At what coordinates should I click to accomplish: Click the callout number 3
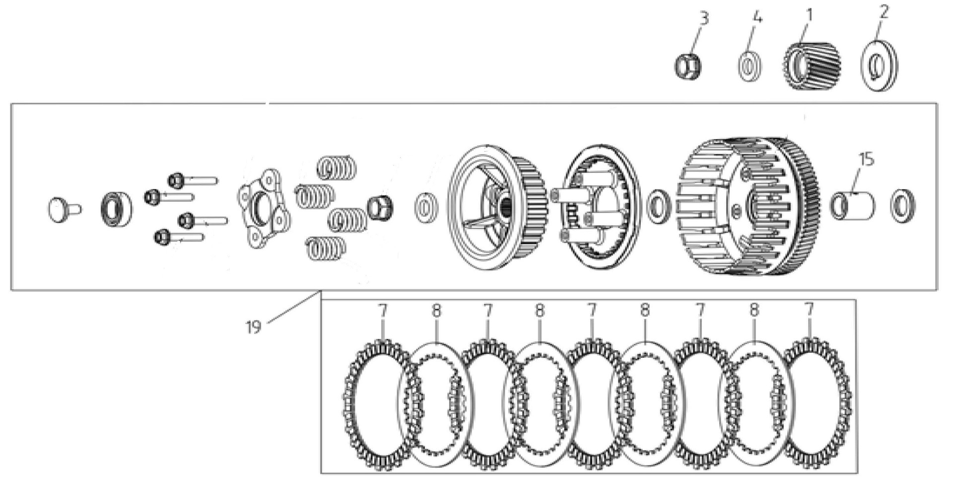point(704,18)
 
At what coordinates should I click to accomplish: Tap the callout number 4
point(756,18)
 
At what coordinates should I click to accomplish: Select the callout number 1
point(809,15)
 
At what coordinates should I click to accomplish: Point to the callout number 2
point(884,12)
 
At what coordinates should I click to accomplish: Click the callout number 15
point(866,160)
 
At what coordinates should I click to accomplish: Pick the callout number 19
point(253,327)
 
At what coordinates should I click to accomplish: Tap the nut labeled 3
point(688,67)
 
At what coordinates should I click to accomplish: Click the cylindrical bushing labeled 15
point(852,206)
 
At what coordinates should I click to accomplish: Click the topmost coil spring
point(336,168)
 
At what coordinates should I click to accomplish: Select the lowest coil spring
point(326,247)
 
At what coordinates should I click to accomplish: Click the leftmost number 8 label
point(436,311)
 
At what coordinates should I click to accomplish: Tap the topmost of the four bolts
point(193,179)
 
